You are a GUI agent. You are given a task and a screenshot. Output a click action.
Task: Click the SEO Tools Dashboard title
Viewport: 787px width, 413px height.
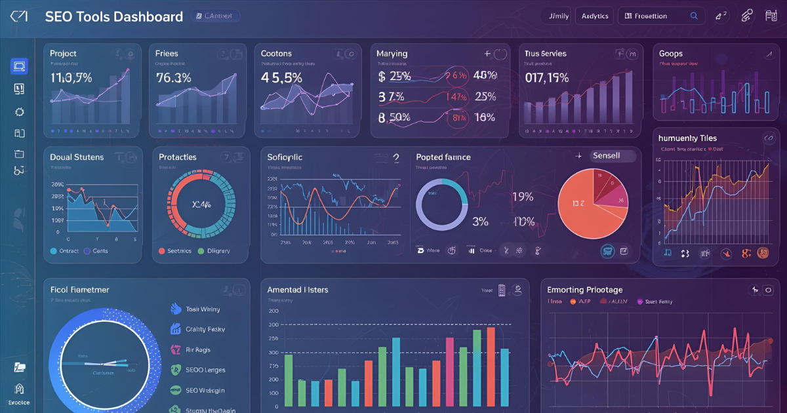coord(113,17)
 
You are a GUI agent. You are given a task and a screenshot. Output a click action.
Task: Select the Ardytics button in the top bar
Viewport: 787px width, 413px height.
coord(595,16)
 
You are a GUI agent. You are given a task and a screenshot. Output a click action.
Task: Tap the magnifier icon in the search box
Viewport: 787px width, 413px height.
coord(694,16)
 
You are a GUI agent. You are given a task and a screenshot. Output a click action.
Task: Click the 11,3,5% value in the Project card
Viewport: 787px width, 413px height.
coord(71,78)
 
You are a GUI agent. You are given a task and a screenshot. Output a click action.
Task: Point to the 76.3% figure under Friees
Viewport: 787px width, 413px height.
coord(173,78)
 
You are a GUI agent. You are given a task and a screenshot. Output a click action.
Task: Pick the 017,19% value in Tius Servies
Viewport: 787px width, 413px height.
coord(547,78)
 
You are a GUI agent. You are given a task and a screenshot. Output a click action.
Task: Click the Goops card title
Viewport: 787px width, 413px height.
coord(671,54)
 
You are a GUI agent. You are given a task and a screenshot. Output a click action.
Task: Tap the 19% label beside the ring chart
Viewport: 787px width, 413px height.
coord(522,197)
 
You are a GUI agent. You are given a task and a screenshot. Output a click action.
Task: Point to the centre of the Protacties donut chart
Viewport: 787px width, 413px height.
coord(201,203)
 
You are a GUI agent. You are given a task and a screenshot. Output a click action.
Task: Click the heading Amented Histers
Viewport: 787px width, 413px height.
coord(298,290)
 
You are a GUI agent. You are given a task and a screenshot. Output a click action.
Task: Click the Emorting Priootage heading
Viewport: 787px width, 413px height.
coord(584,290)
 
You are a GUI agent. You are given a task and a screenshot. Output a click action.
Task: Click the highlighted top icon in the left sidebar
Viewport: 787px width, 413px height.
coord(19,66)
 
